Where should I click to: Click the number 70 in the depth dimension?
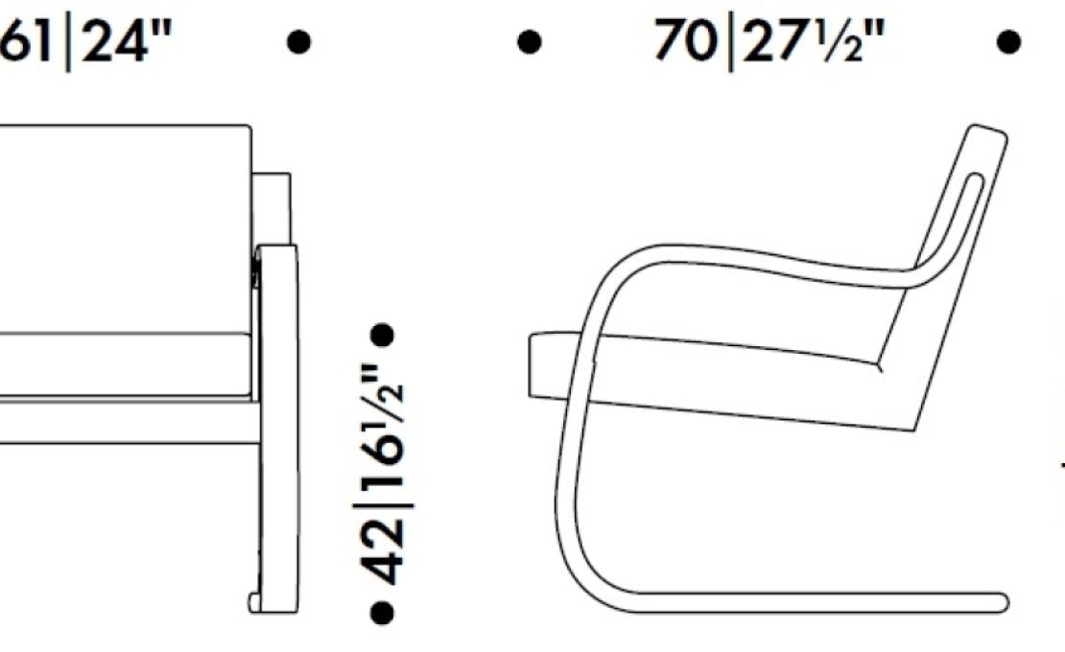tap(684, 40)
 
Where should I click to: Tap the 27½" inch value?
tap(815, 40)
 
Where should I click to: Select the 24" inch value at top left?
tap(126, 40)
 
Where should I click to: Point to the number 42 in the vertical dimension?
tap(383, 550)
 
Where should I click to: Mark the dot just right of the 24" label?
tap(298, 42)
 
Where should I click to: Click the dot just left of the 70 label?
tap(530, 42)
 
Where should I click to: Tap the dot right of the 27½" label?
tap(1008, 42)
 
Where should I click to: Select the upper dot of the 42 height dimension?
tap(382, 336)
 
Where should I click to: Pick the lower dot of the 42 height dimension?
tap(382, 612)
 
